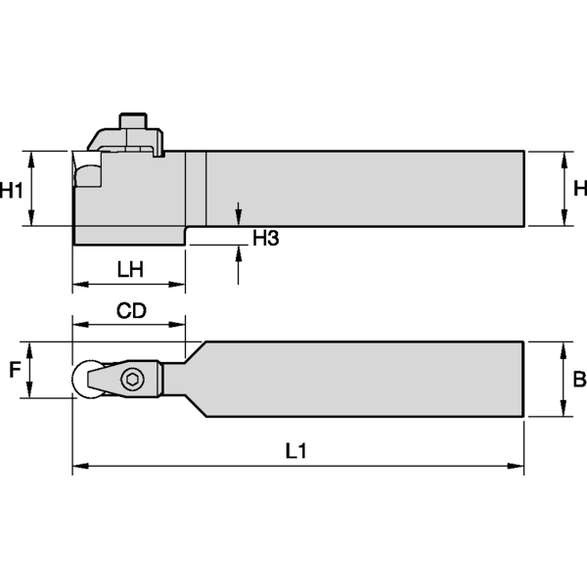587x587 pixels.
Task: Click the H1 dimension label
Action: tap(13, 190)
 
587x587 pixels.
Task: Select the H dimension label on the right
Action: tap(579, 189)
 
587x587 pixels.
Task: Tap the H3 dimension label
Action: tap(266, 238)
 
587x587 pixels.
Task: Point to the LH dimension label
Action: tap(130, 268)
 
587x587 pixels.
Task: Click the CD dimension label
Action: tap(131, 311)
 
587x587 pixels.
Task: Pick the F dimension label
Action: tap(14, 370)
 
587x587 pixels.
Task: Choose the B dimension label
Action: tap(578, 379)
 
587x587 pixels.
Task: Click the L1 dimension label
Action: tap(296, 451)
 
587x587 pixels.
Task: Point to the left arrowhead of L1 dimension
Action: tap(79, 467)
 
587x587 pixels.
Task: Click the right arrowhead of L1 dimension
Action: tap(518, 467)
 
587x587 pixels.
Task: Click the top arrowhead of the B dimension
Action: tap(562, 348)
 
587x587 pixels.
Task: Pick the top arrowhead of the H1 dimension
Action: tap(32, 158)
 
